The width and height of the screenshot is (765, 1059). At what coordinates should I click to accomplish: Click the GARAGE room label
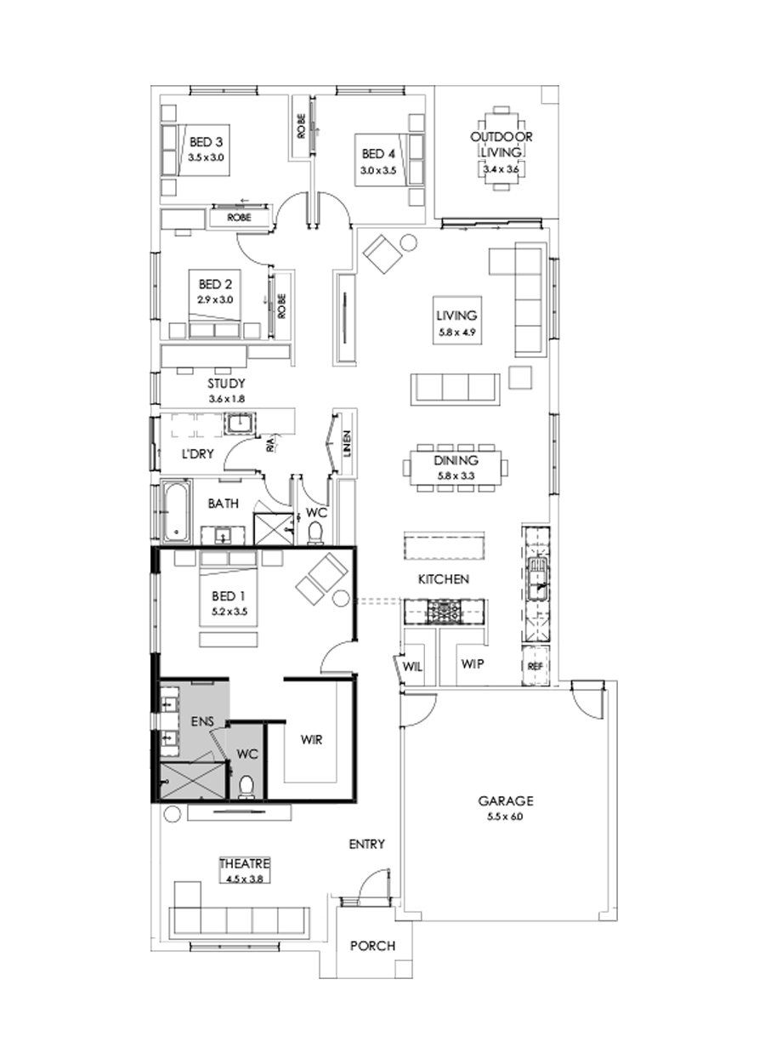pyautogui.click(x=505, y=800)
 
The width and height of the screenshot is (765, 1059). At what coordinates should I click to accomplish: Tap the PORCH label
pyautogui.click(x=371, y=946)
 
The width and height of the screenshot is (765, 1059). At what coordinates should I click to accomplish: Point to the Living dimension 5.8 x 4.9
pyautogui.click(x=456, y=332)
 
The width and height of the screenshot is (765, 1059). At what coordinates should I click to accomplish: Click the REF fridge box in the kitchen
pyautogui.click(x=535, y=666)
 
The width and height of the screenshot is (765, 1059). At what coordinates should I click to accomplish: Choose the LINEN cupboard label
pyautogui.click(x=347, y=443)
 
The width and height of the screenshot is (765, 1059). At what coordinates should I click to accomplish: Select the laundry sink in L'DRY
pyautogui.click(x=240, y=423)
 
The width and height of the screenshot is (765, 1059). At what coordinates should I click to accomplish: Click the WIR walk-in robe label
pyautogui.click(x=313, y=740)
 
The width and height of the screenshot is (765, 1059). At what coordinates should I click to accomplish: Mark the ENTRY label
pyautogui.click(x=367, y=845)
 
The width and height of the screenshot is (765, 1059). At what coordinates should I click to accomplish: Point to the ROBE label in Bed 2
pyautogui.click(x=281, y=304)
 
